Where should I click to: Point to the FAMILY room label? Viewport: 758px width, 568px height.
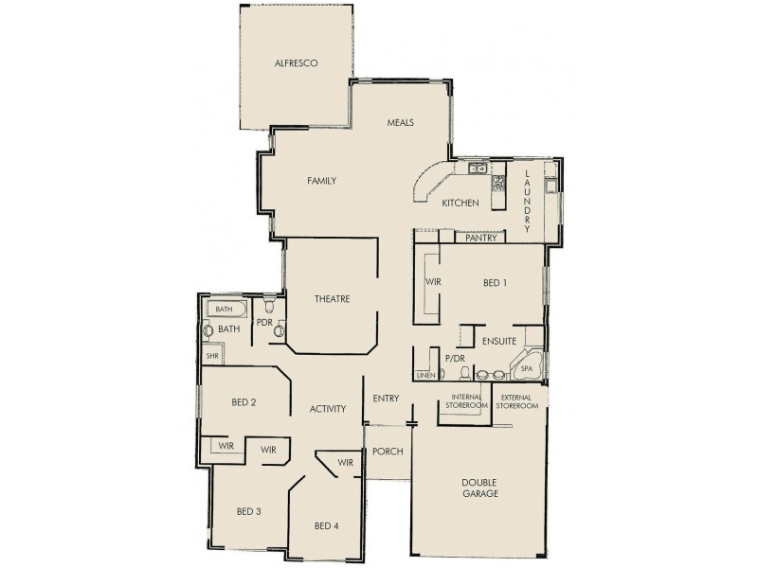point(322,180)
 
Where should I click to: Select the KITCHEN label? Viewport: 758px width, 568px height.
point(460,203)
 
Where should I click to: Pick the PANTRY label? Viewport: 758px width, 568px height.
point(482,239)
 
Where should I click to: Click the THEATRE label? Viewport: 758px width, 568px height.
point(333,299)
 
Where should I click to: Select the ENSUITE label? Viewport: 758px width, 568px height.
point(497,339)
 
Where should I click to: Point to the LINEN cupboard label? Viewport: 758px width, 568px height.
point(425,376)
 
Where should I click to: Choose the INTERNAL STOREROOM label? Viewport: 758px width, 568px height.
point(468,400)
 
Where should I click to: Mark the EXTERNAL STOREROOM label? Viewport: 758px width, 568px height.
point(519,400)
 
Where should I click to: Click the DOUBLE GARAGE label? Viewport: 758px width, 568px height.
point(480,488)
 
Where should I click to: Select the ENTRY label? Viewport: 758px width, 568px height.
point(385,398)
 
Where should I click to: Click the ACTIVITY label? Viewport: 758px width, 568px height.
point(327,409)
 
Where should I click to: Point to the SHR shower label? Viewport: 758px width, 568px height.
point(211,355)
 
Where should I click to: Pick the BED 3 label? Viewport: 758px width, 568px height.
point(248,511)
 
